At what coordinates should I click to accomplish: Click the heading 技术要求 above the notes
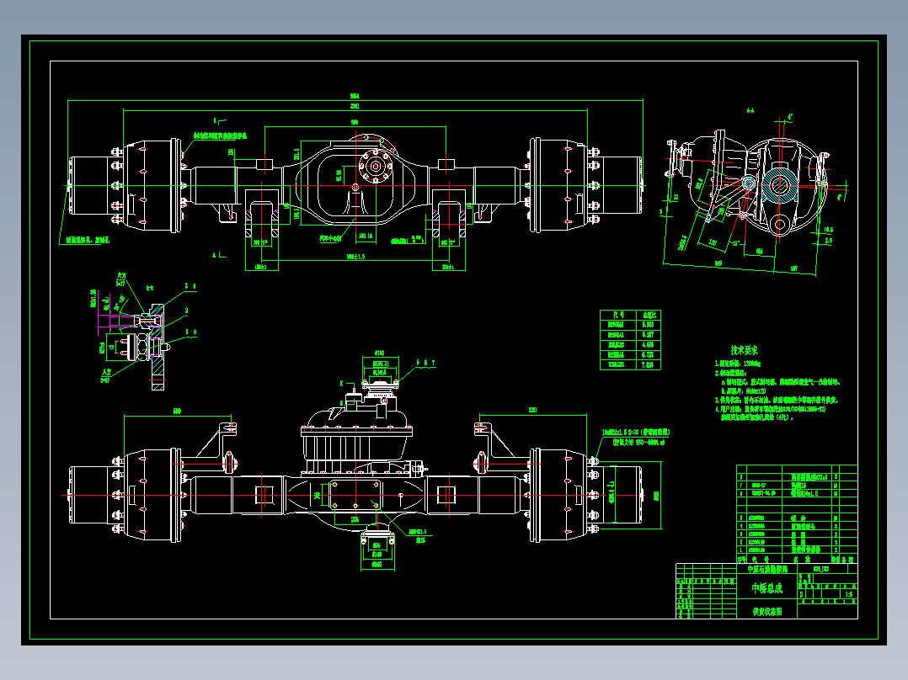tap(745, 349)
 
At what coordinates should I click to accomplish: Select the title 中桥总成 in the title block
tap(766, 588)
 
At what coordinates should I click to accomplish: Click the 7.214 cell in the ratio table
tap(649, 364)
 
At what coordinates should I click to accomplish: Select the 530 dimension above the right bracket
tap(532, 410)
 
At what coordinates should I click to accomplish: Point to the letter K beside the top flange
tap(342, 383)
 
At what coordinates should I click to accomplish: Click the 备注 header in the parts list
tap(848, 559)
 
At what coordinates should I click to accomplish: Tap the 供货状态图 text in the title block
tap(766, 613)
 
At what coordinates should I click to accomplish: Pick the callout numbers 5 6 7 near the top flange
tap(427, 363)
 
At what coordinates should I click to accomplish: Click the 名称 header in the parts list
tap(800, 559)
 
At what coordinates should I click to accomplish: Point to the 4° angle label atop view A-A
tap(790, 115)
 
